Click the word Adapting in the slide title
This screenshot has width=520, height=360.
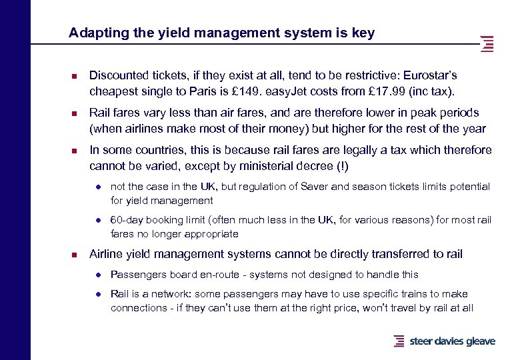pyautogui.click(x=91, y=33)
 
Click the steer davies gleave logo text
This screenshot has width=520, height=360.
pyautogui.click(x=452, y=341)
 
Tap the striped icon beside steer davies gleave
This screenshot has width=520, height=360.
pyautogui.click(x=399, y=341)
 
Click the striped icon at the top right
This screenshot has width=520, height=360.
pyautogui.click(x=487, y=43)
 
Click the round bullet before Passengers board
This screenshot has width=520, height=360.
pyautogui.click(x=97, y=275)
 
